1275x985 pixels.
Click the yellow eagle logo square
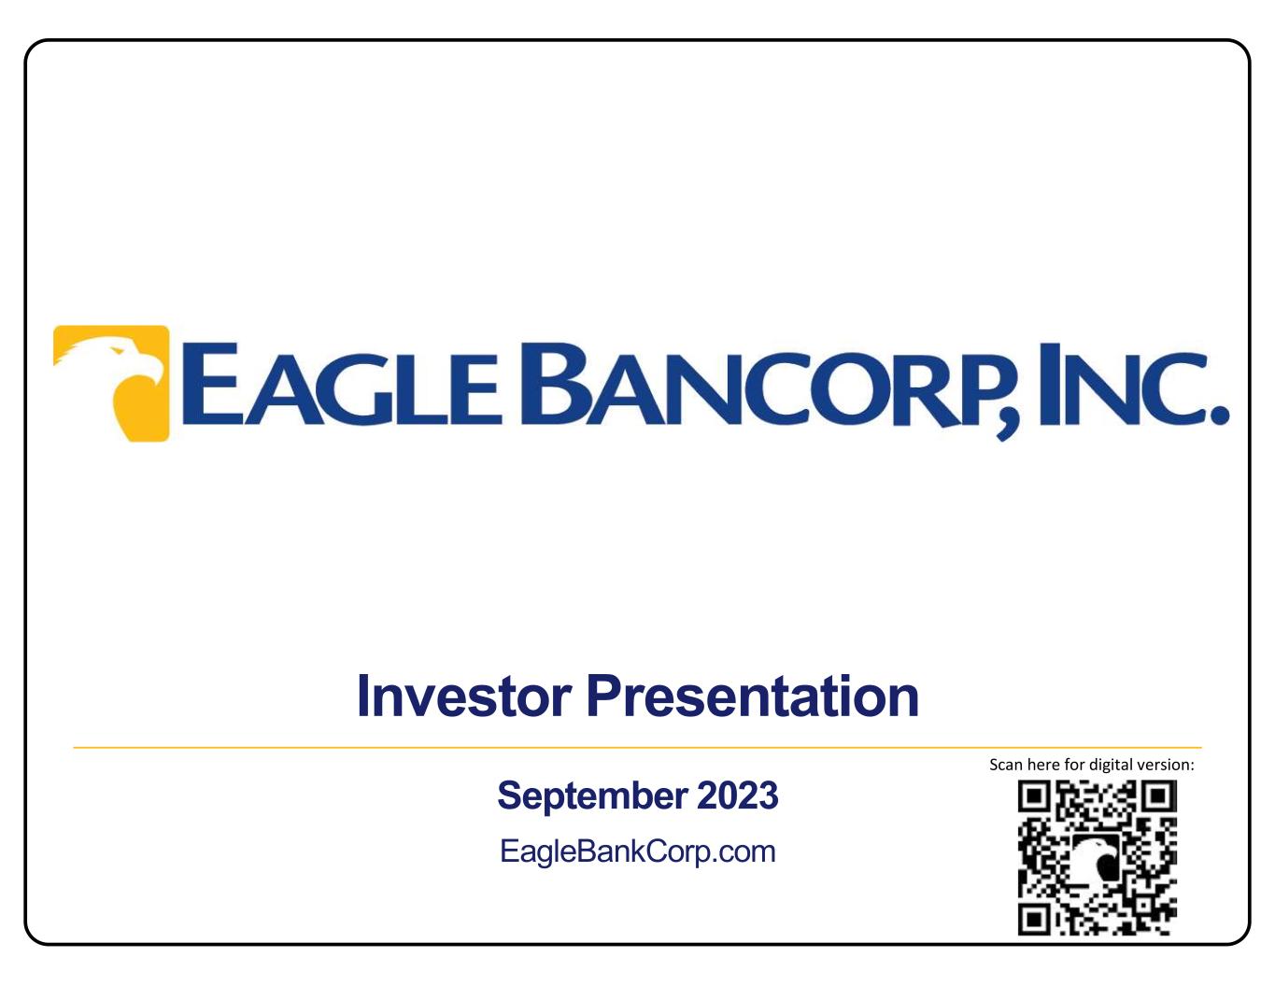(111, 384)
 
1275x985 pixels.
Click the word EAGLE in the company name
(343, 384)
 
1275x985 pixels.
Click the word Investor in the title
(464, 696)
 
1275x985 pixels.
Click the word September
(592, 797)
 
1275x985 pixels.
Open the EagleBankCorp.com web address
(638, 851)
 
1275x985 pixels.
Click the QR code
(1098, 857)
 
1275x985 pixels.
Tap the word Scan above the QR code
(1006, 765)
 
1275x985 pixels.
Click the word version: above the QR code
(1166, 765)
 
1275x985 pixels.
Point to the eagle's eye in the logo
(119, 351)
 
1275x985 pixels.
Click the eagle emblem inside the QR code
(1098, 858)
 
